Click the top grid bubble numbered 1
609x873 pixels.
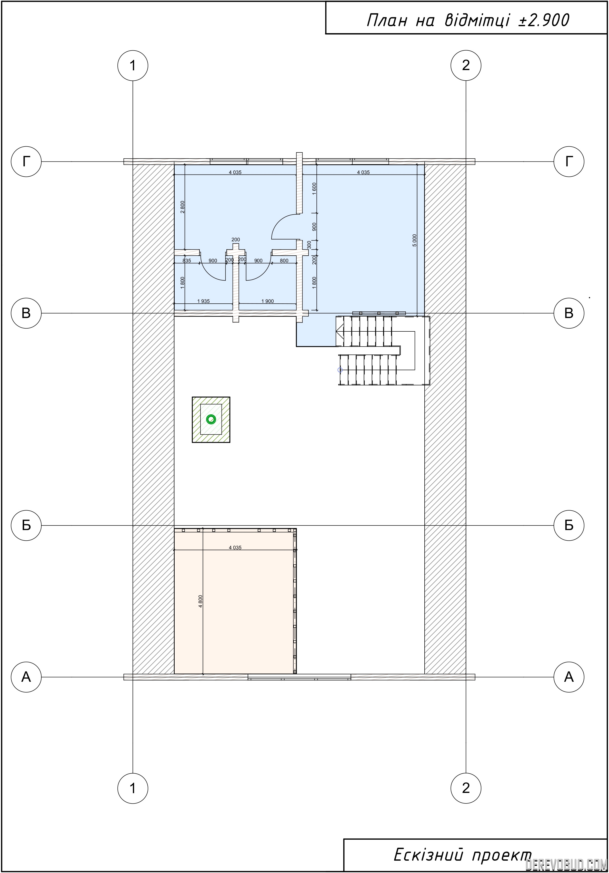pos(133,65)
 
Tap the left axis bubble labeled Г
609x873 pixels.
pos(26,162)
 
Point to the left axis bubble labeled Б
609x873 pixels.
pos(26,525)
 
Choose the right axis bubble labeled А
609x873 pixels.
pos(569,677)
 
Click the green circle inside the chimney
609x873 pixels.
pos(211,419)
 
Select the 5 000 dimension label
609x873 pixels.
pos(414,240)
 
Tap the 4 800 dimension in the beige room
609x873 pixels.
pos(200,601)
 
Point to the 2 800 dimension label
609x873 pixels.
pos(182,207)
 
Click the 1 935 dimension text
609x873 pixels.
pos(203,301)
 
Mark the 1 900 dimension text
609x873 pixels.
pos(267,301)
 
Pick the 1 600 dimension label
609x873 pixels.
pos(314,189)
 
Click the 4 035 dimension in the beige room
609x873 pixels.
pos(235,548)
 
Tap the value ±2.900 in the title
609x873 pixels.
pos(544,21)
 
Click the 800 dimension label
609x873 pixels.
pos(284,261)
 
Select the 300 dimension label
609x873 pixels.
pos(309,244)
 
